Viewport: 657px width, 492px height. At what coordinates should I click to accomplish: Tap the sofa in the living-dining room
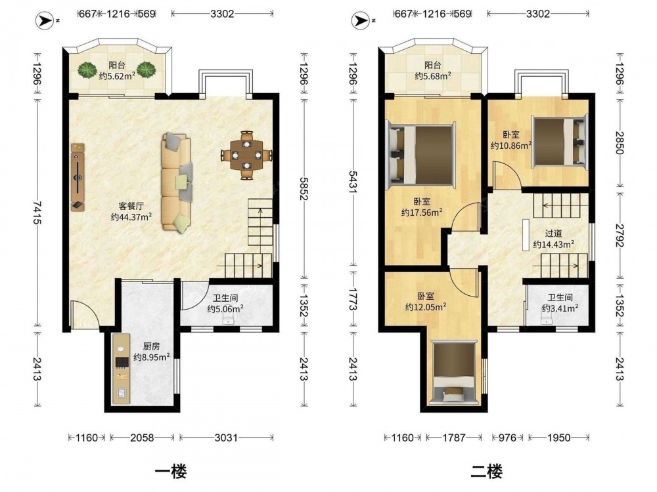[177, 182]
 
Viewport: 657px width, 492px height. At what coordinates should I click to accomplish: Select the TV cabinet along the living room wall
[78, 177]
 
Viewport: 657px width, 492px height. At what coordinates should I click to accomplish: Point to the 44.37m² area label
[131, 216]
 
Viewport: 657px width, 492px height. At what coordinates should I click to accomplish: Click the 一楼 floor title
[171, 472]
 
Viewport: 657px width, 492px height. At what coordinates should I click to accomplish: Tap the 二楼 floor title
[486, 472]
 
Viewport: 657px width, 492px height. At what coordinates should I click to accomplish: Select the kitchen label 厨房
[151, 346]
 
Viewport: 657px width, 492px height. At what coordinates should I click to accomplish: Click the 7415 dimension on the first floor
[37, 213]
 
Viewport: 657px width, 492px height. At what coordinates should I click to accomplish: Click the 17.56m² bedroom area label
[422, 213]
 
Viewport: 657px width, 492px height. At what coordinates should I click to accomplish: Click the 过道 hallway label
[553, 234]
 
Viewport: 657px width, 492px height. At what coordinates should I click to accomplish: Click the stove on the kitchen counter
[122, 362]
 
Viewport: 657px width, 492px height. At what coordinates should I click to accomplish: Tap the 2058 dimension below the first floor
[142, 438]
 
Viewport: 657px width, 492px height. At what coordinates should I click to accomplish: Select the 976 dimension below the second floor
[507, 438]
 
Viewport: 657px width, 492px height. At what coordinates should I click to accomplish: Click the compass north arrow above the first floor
[44, 20]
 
